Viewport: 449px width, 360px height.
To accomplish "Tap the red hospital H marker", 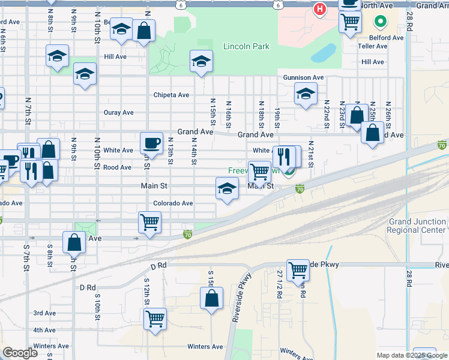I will [x=320, y=9].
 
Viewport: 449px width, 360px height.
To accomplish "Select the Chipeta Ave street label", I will [x=171, y=95].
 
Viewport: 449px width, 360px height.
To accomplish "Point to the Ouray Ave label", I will [x=118, y=112].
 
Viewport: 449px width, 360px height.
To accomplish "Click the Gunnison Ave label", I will [x=304, y=77].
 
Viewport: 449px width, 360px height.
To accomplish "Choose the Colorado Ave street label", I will [x=173, y=203].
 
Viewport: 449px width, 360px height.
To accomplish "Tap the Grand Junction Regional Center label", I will [x=417, y=226].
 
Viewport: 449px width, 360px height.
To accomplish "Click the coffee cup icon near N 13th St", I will [x=151, y=143].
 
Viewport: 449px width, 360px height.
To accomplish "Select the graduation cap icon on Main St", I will [x=227, y=188].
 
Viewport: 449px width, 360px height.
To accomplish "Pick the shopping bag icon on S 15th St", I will [x=211, y=298].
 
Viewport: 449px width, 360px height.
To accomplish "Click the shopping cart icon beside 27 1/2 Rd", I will [x=298, y=270].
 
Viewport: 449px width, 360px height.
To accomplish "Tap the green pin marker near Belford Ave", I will [x=380, y=23].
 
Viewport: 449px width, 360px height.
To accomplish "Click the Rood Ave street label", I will [x=118, y=168].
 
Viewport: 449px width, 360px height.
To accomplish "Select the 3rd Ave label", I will [x=44, y=313].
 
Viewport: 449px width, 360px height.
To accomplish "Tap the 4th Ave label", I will [x=44, y=330].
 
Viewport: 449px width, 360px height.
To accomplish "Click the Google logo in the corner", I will [x=20, y=353].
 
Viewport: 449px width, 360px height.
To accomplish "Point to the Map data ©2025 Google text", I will [x=411, y=355].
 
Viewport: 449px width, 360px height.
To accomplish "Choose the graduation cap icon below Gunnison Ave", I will [x=306, y=94].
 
